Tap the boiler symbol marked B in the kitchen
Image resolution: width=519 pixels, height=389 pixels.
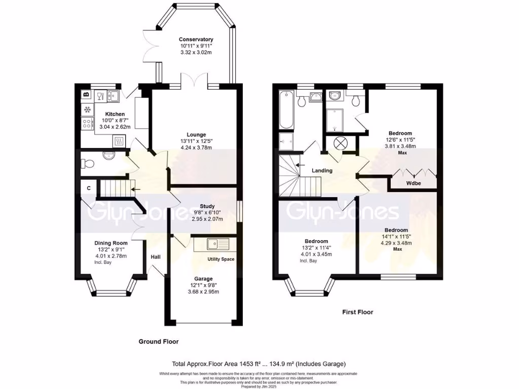coord(86,94)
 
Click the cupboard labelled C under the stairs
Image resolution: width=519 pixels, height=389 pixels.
coord(88,188)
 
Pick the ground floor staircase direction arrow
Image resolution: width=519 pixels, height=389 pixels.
coord(136,190)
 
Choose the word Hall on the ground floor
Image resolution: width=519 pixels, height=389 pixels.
coord(156,257)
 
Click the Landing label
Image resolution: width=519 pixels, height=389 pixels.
coord(322,171)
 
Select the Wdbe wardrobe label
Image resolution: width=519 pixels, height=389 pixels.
coord(415,183)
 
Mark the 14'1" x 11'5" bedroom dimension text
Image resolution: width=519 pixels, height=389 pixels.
coord(396,236)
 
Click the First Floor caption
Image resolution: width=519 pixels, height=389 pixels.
coord(357,312)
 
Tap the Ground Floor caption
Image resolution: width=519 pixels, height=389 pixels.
coord(159,341)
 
